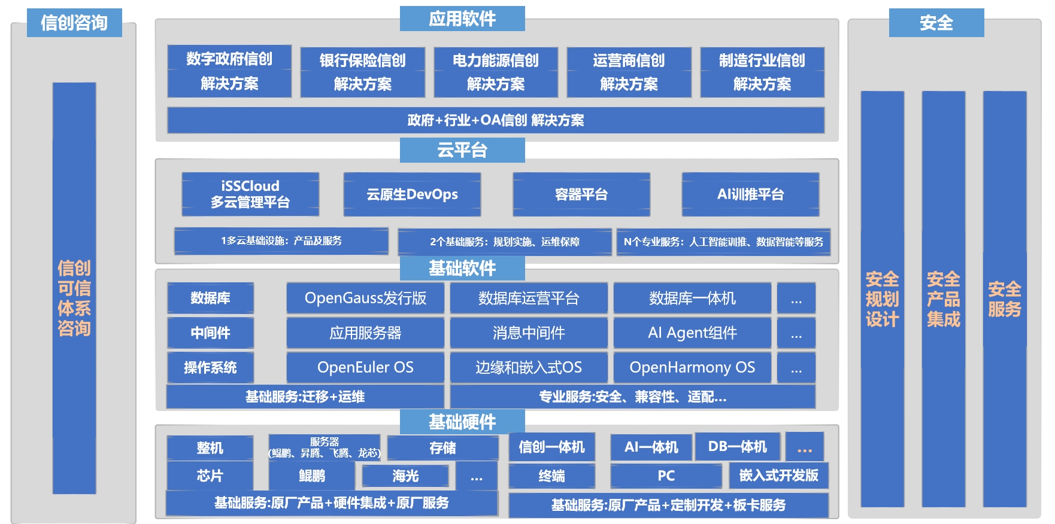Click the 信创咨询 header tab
pos(74,23)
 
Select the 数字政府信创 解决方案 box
pos(229,71)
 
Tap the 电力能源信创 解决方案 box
pos(496,72)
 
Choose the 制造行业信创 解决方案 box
pos(762,72)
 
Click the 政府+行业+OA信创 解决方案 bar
pos(496,120)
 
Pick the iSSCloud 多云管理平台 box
pos(250,194)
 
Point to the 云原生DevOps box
pos(412,194)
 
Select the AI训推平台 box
pos(750,194)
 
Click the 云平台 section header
pos(462,150)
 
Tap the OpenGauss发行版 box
pos(365,298)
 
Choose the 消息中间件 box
pos(529,333)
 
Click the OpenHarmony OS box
pos(692,367)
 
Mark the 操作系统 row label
pos(210,367)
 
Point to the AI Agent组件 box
pos(692,333)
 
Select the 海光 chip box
pos(405,476)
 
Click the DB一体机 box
pos(737,447)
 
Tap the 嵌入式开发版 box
pos(778,476)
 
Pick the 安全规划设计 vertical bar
pos(882,299)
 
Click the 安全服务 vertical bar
pos(1004,299)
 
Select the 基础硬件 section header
pos(462,422)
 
